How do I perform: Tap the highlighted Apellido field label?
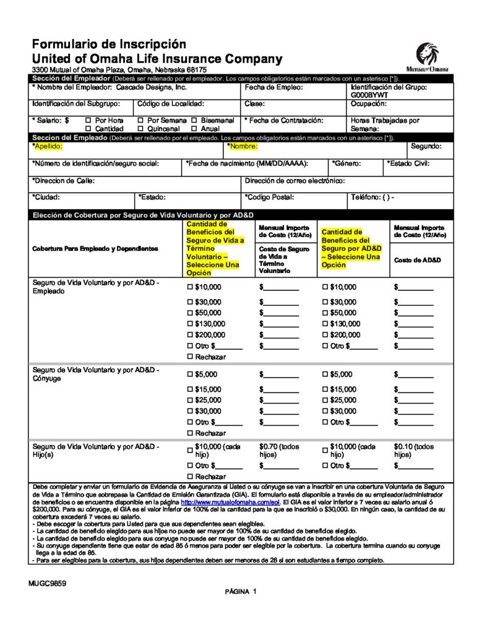(x=48, y=147)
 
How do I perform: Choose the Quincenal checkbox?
(x=141, y=129)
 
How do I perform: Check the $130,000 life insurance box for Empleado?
(x=189, y=324)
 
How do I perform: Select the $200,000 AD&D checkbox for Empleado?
(x=324, y=335)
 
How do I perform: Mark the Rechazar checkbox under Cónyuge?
(x=189, y=433)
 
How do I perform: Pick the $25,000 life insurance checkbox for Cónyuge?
(x=189, y=400)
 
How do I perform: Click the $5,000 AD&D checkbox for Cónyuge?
(x=324, y=375)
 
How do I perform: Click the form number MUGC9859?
(x=47, y=583)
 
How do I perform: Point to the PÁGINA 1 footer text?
(x=241, y=592)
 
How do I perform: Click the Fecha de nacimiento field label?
(x=247, y=164)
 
